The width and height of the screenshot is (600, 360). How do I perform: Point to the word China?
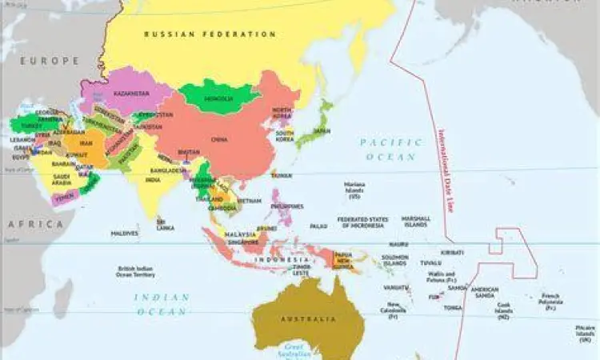point(219,138)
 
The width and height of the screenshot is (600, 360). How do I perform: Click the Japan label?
point(322,130)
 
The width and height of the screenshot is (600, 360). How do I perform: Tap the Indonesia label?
point(287,260)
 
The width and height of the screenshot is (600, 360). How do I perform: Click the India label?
point(153,180)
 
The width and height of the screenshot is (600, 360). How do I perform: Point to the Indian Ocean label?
point(162,304)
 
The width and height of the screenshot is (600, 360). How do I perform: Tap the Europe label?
point(50,60)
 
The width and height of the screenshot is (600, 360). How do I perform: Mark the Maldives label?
point(124,234)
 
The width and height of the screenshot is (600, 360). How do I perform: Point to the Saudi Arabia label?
point(62,179)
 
